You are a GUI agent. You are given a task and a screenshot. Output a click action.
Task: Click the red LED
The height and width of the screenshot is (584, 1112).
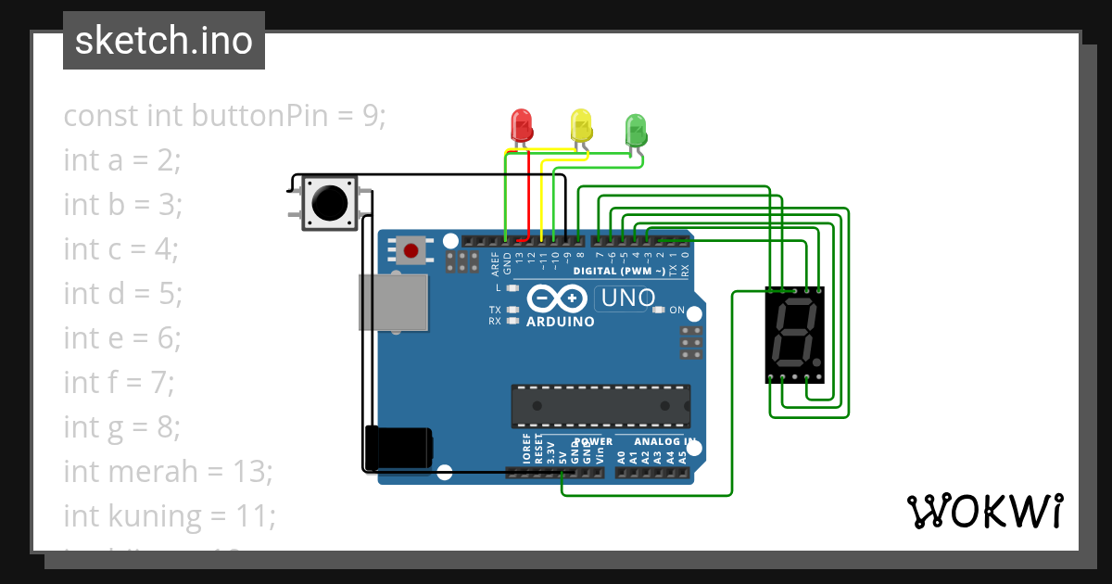pos(523,126)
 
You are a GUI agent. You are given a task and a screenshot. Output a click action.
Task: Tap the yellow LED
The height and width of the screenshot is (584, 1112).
pos(581,125)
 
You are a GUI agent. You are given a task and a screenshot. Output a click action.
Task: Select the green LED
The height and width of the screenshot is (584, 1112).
pos(636,129)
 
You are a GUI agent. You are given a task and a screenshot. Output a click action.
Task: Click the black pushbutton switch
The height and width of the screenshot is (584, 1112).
pos(330,201)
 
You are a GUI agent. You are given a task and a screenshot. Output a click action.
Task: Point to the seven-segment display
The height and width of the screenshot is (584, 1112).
pos(795,335)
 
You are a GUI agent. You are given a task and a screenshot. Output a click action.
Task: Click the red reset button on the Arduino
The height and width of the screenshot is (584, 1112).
pos(411,249)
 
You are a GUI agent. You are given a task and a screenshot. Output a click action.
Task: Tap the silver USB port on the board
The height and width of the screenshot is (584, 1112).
pos(394,301)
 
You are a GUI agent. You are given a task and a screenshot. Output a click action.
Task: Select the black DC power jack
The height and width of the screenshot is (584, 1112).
pos(398,447)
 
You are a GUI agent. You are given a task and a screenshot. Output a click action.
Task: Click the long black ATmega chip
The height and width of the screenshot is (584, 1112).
pos(600,406)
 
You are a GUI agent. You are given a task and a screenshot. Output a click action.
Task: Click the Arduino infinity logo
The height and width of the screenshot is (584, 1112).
pos(559,299)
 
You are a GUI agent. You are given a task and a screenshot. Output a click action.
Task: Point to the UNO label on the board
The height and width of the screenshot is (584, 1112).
pos(628,298)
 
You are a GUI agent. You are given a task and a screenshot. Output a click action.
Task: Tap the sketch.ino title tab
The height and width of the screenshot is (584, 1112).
pos(164,41)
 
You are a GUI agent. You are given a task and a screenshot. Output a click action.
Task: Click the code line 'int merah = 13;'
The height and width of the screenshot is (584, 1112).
pos(168,471)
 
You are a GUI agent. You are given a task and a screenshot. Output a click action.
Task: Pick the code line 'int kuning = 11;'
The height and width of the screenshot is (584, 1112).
pos(170,515)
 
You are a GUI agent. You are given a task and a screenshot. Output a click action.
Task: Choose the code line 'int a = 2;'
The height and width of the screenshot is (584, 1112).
pos(121,160)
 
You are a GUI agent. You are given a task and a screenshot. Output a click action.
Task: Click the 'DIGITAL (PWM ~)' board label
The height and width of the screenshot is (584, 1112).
pos(619,272)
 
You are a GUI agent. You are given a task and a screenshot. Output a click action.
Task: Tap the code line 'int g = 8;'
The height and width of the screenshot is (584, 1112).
pos(121,426)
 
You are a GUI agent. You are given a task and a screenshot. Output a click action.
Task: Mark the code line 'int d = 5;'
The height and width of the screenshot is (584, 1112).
pos(122,294)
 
